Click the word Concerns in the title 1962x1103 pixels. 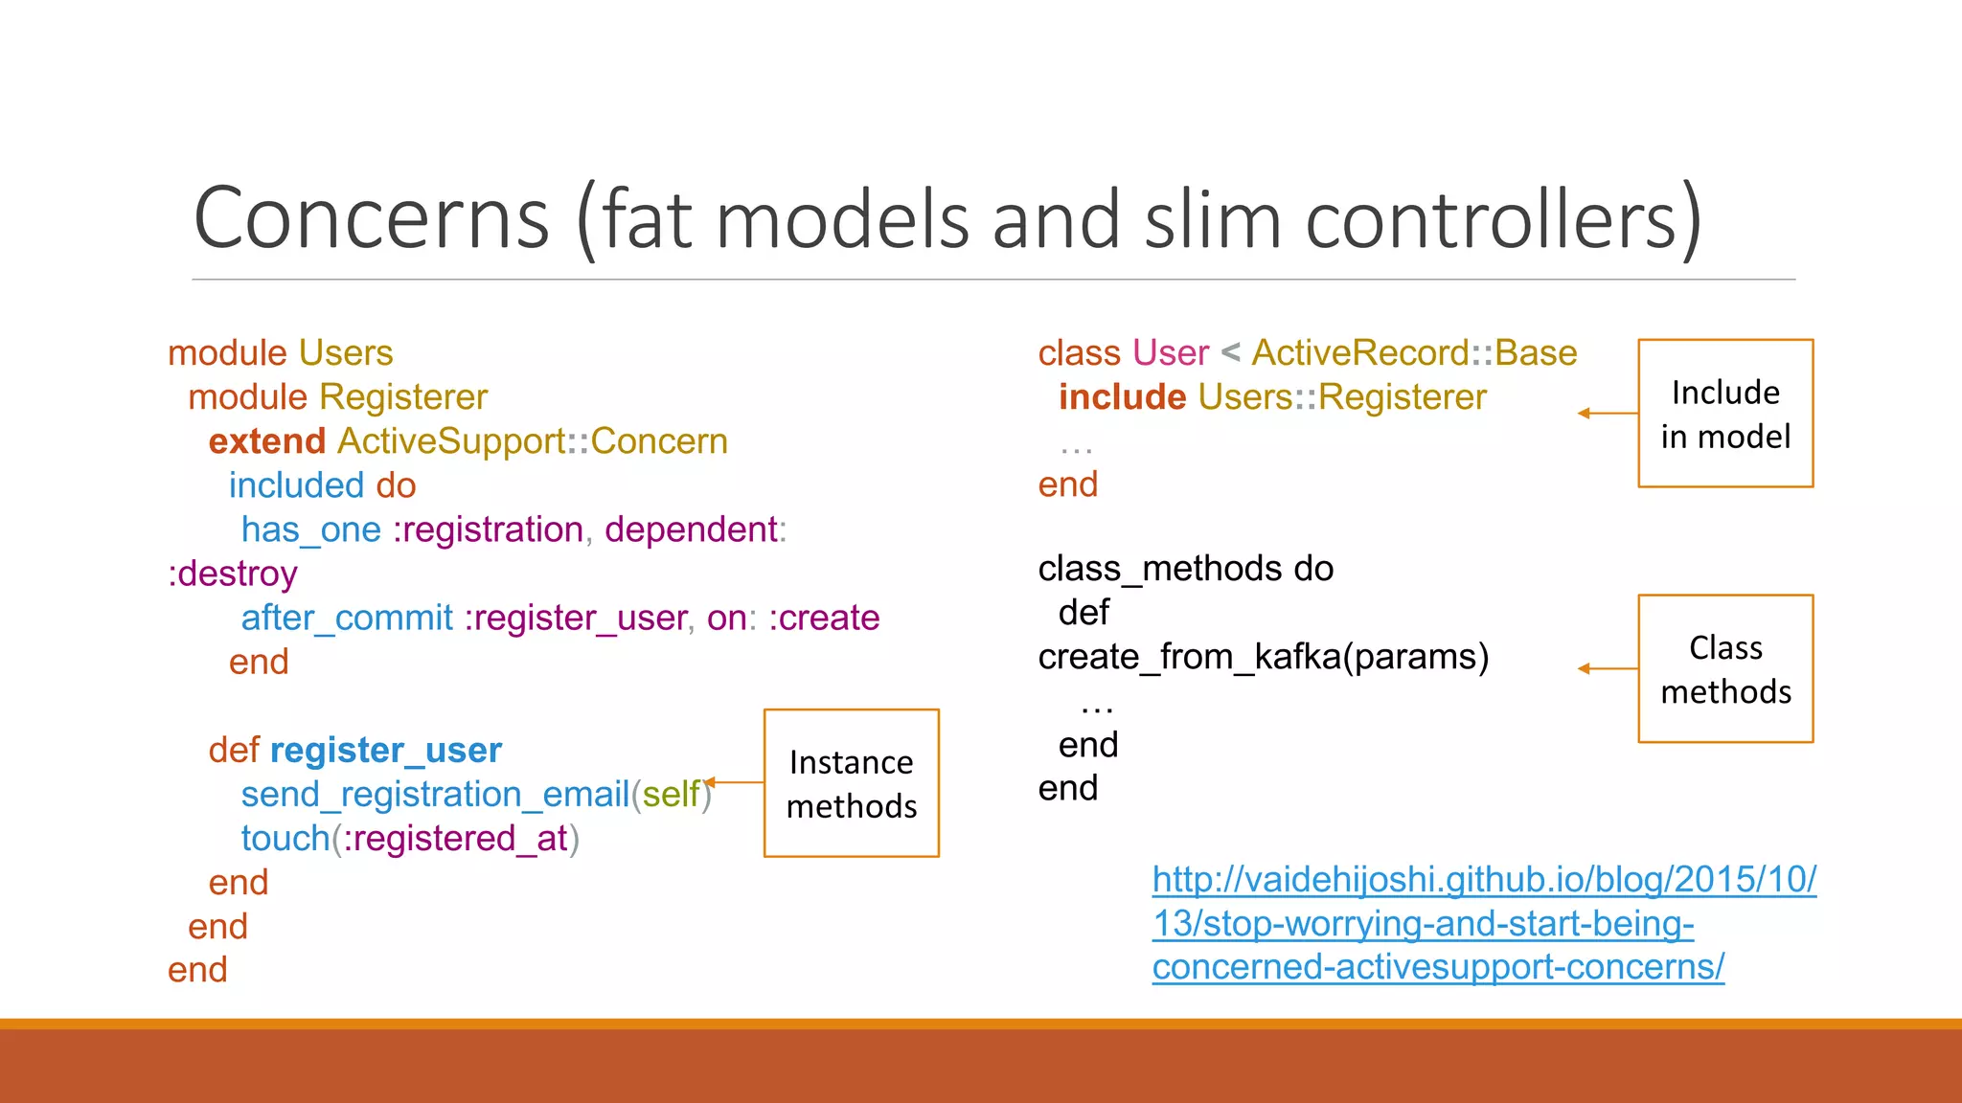click(x=372, y=219)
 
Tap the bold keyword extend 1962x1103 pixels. click(x=267, y=441)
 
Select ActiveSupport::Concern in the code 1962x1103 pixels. click(x=533, y=441)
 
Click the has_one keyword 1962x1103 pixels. click(x=310, y=529)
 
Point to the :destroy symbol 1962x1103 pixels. click(x=233, y=574)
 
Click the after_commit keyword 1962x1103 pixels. click(x=347, y=618)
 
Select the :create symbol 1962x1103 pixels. click(x=824, y=618)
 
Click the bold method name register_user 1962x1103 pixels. click(x=385, y=750)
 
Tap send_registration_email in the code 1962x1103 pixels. click(x=435, y=794)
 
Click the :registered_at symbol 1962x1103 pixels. click(x=456, y=838)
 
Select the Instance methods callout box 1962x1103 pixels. click(x=851, y=783)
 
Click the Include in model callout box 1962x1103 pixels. click(x=1725, y=414)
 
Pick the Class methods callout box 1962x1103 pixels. click(x=1725, y=668)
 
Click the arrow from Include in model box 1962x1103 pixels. click(x=1608, y=414)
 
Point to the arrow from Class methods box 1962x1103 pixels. click(x=1608, y=668)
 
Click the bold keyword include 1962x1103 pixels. click(x=1122, y=397)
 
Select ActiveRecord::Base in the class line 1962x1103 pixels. click(x=1414, y=353)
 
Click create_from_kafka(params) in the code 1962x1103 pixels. click(x=1263, y=657)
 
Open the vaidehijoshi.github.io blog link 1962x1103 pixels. click(x=1483, y=923)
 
